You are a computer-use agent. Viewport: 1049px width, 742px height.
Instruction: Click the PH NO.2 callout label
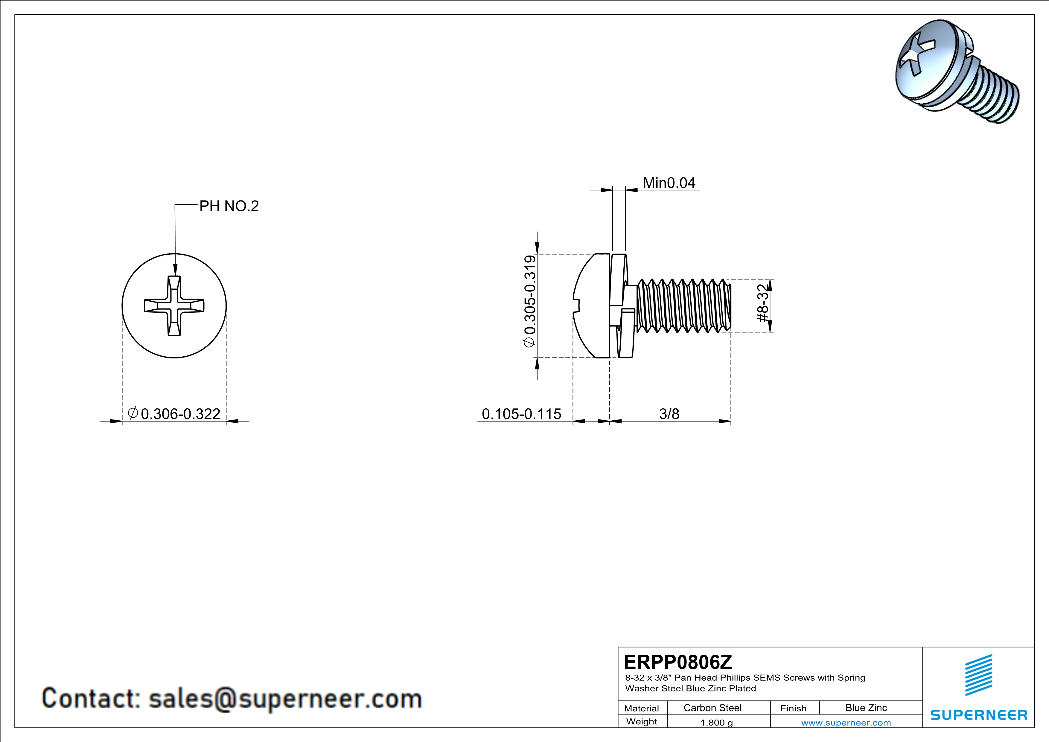pos(229,206)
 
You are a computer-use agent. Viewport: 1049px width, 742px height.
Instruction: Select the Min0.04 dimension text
pos(669,183)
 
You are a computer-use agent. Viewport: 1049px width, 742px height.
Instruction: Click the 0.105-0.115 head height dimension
pos(521,414)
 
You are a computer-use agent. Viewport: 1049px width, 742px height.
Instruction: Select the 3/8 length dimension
pos(669,414)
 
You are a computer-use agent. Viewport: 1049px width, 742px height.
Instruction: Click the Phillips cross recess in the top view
pos(174,306)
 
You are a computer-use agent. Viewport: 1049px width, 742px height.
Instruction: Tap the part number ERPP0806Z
pos(677,662)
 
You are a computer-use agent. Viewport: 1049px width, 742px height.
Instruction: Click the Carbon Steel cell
pos(712,708)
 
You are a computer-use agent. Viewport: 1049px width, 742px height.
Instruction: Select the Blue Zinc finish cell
pos(866,708)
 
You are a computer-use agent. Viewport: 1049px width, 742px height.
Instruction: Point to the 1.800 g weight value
pos(716,722)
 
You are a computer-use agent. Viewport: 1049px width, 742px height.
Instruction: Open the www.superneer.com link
pos(846,722)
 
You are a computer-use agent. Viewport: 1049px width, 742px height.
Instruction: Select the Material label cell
pos(642,708)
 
